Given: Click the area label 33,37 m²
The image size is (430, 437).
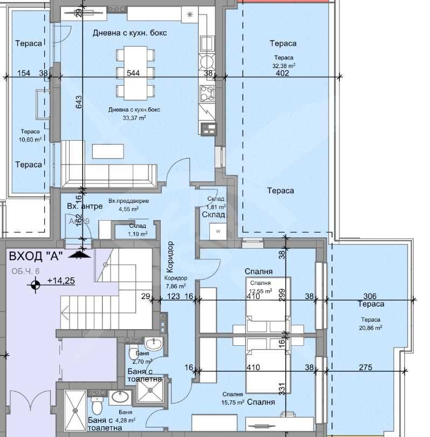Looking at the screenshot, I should [134, 118].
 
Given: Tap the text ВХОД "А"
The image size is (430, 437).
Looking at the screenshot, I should [36, 256].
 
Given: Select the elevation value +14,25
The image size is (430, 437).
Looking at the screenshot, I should [60, 281].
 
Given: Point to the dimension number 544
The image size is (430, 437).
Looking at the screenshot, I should [133, 73].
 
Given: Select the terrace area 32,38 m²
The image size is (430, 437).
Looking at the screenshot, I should [283, 65].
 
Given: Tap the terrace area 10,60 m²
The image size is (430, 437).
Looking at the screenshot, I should [30, 139].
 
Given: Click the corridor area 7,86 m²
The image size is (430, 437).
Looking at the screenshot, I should [175, 286].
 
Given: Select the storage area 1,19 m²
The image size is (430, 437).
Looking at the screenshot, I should [138, 234].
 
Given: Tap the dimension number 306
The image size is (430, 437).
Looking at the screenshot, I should [370, 296].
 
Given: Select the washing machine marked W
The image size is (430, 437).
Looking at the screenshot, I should [218, 231].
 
